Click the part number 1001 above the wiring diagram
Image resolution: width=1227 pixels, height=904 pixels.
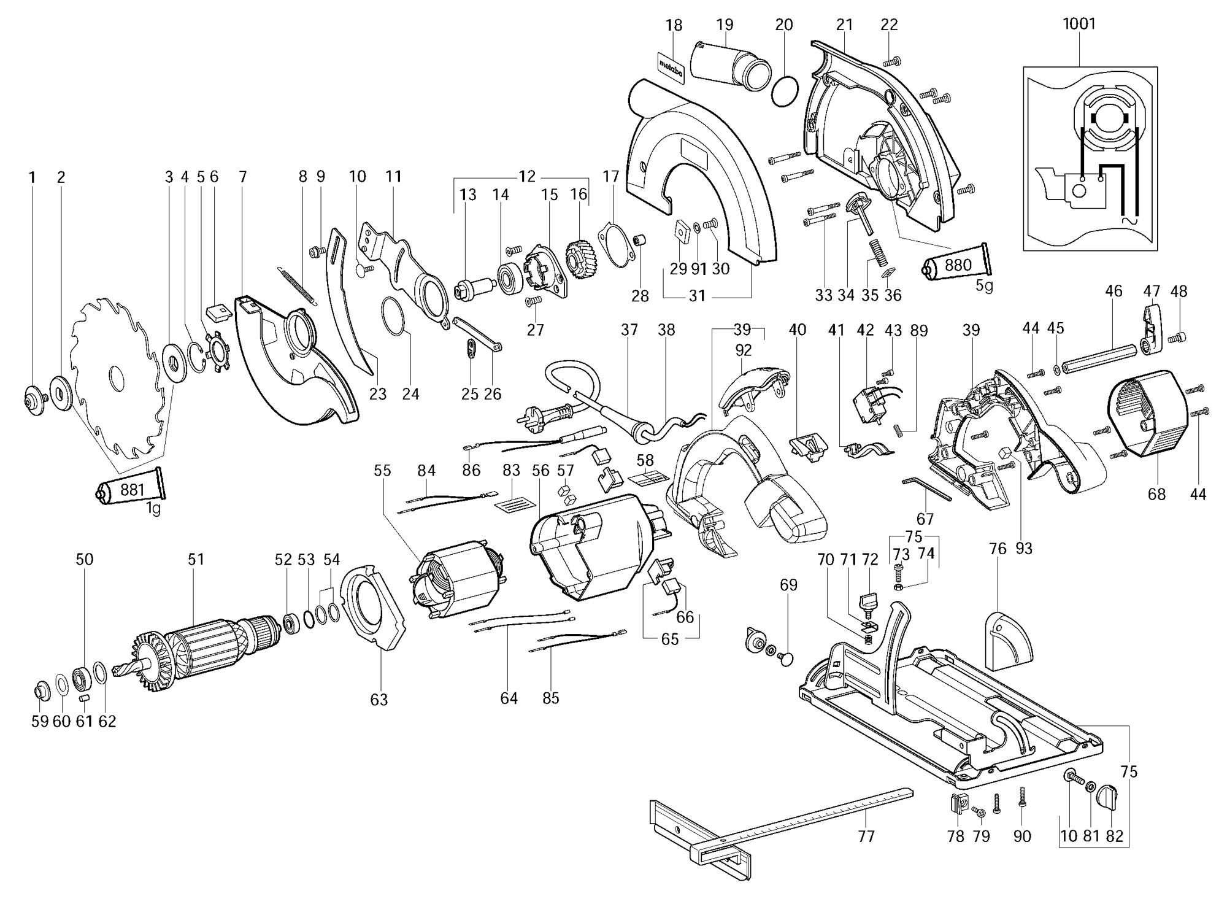pos(1079,24)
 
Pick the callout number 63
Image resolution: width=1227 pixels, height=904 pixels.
pos(379,699)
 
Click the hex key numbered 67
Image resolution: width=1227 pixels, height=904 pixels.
pos(926,489)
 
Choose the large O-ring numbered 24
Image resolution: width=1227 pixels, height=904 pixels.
pos(394,315)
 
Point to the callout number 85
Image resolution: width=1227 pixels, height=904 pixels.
pos(551,698)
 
